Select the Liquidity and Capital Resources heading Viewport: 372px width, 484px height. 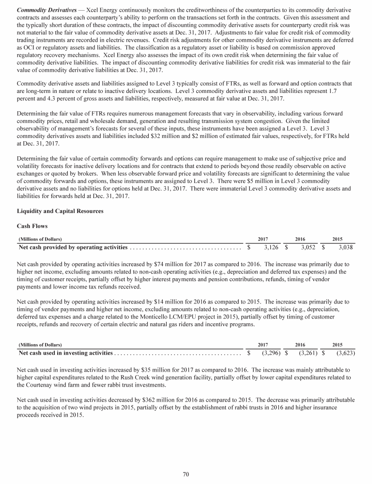[x=54, y=211]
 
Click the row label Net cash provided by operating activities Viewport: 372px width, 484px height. [x=73, y=248]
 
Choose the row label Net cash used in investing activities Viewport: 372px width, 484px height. [x=66, y=353]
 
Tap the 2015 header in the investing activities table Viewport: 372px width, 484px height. [x=338, y=345]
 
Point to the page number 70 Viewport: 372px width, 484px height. [x=186, y=474]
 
